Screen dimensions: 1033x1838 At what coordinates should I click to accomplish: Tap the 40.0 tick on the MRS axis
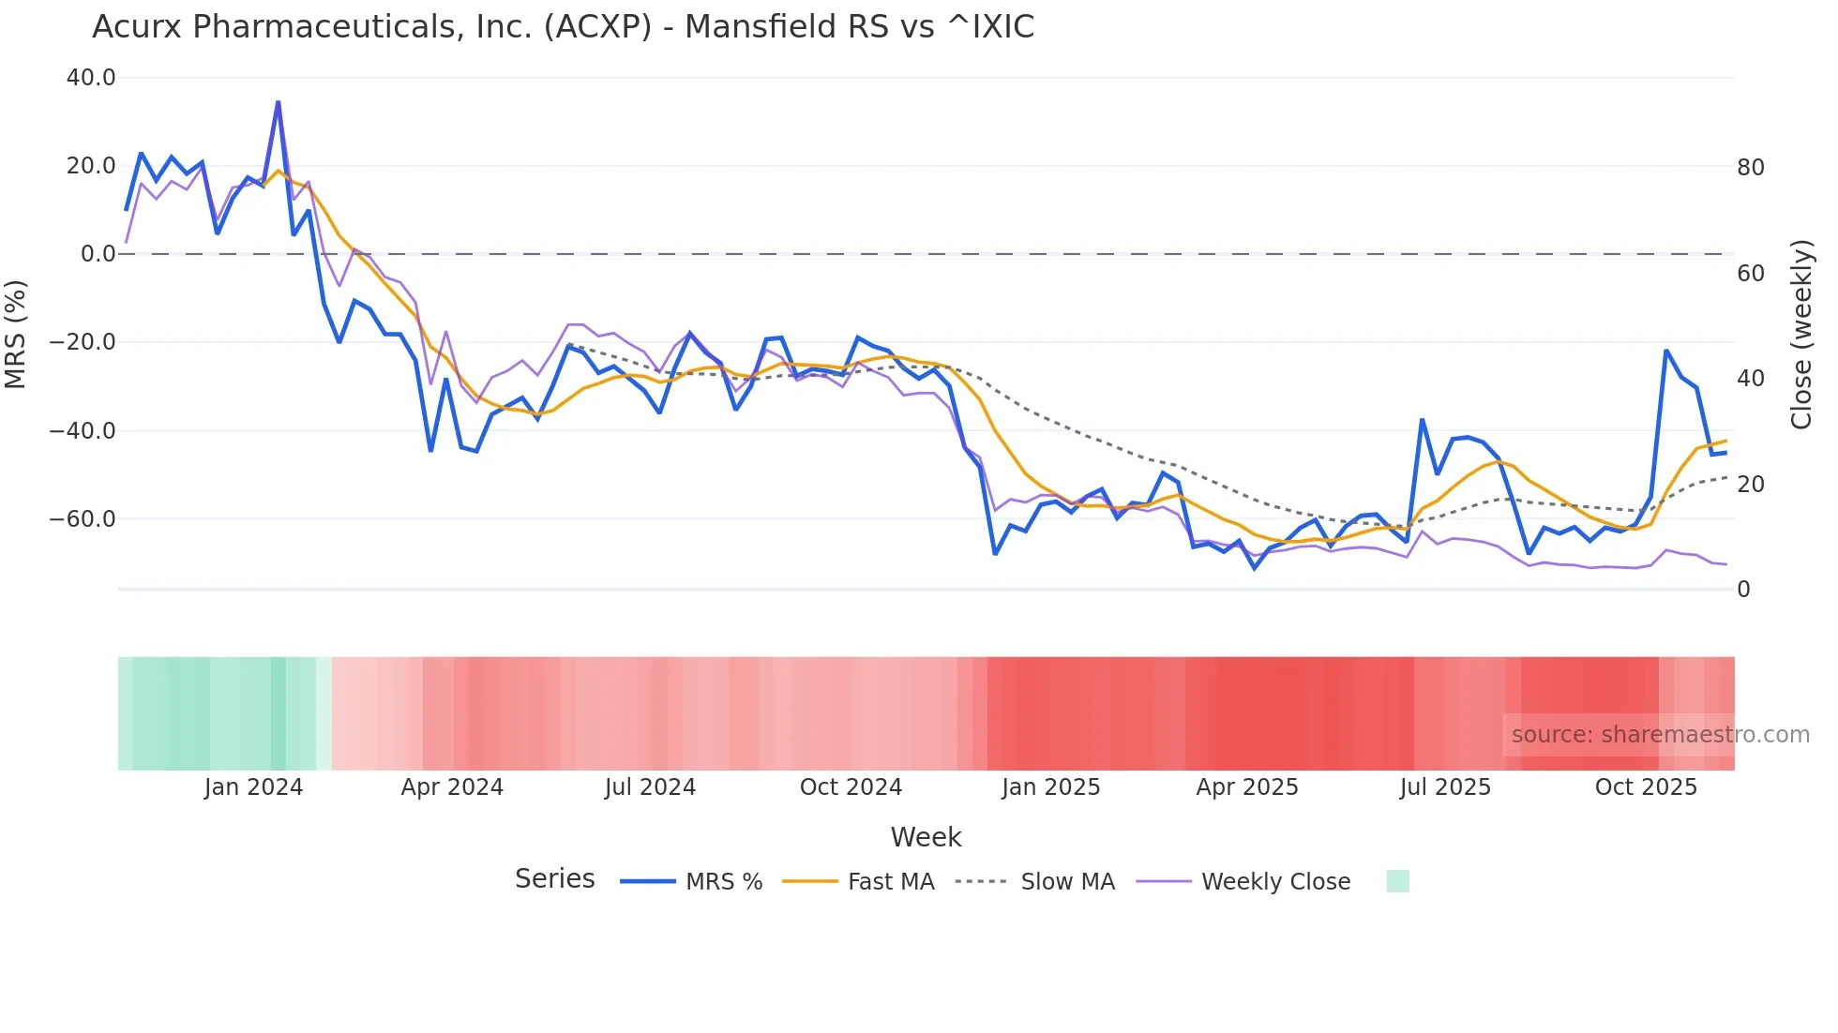coord(91,78)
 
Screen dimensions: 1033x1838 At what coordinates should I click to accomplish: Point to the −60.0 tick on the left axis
coord(83,518)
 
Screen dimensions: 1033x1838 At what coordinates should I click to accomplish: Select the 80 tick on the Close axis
coord(1751,168)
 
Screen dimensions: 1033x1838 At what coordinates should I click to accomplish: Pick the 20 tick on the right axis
coord(1751,485)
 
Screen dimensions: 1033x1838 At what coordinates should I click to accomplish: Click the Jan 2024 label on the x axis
coord(253,787)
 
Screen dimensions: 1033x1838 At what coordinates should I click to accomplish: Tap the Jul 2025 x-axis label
coord(1445,787)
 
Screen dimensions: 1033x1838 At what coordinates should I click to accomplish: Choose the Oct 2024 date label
coord(851,787)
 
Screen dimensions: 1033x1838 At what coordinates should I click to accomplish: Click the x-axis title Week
coord(926,837)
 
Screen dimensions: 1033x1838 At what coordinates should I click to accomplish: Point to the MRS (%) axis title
coord(16,334)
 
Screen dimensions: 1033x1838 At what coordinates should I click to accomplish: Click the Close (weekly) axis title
coord(1801,335)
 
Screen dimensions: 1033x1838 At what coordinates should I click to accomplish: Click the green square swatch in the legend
coord(1397,881)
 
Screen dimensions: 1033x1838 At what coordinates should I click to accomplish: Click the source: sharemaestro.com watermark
coord(1660,735)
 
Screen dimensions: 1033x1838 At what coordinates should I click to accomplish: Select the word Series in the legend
coord(554,879)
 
